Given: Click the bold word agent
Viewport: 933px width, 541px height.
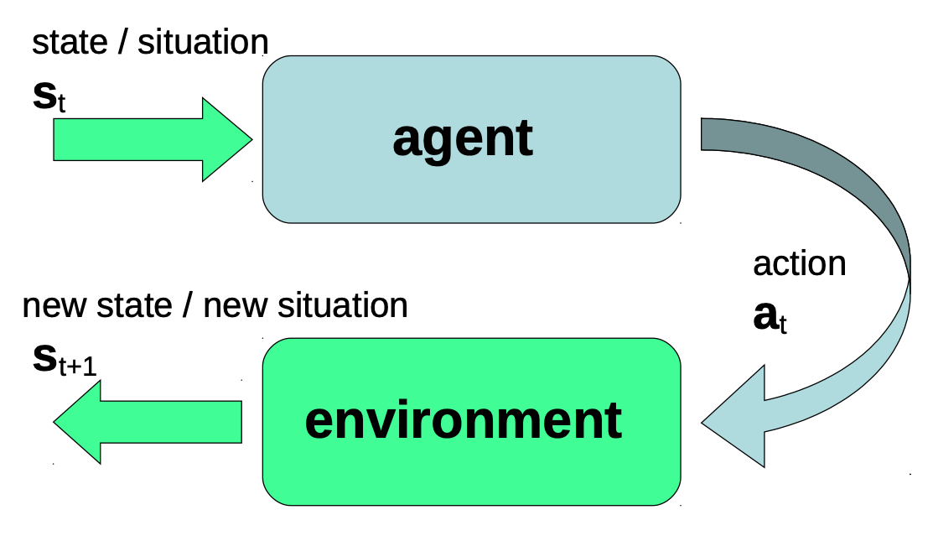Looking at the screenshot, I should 462,138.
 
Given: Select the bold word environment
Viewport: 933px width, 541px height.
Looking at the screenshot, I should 463,420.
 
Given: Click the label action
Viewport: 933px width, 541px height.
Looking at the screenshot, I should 799,263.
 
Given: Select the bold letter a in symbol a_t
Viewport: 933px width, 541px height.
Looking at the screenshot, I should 765,317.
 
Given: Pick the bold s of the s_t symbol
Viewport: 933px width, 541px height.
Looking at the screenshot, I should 44,96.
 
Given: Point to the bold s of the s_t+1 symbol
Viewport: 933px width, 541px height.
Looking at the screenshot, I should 44,358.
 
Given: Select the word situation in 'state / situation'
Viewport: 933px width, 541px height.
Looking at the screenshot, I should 202,43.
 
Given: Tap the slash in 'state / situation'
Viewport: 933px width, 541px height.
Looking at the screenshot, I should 122,43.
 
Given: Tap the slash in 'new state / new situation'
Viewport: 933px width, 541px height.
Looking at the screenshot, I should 188,306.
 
